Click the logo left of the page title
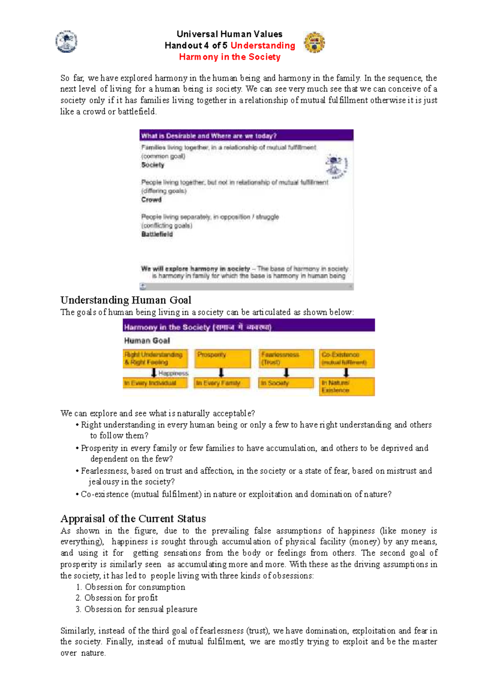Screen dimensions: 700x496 [x=66, y=42]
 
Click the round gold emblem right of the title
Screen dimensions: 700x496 [x=314, y=43]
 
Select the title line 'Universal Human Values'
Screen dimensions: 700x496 [x=229, y=34]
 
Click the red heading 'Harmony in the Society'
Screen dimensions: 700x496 [x=229, y=57]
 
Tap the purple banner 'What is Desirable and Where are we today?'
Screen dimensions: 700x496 [x=246, y=136]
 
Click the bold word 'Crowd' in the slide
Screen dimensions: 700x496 [x=151, y=200]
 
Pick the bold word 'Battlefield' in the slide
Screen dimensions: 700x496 [x=157, y=234]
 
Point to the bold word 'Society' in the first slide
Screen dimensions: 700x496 [x=153, y=165]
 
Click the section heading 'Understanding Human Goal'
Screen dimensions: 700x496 [x=126, y=300]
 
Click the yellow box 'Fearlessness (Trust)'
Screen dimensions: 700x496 [x=286, y=358]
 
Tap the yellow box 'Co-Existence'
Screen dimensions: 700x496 [x=346, y=358]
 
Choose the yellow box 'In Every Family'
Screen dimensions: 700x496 [x=222, y=383]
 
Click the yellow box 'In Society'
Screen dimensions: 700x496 [x=286, y=383]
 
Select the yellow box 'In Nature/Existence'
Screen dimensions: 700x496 [x=346, y=387]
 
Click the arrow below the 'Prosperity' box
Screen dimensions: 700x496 [x=221, y=373]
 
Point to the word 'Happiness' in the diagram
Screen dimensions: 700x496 [x=173, y=373]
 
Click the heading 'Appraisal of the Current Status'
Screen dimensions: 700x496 [x=133, y=519]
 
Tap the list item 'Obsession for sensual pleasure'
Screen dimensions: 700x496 [x=141, y=609]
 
